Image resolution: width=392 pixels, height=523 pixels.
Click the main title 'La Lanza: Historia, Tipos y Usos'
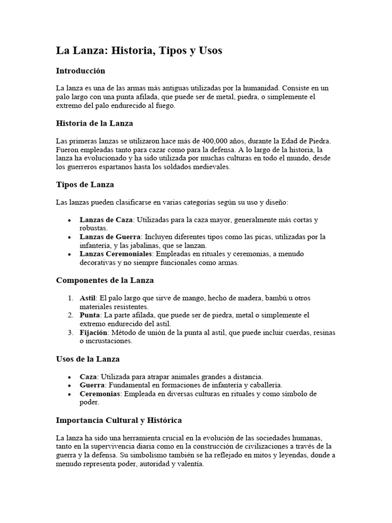139,51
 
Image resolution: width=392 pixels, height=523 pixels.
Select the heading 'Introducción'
80,70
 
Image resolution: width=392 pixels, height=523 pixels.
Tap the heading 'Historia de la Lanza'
94,123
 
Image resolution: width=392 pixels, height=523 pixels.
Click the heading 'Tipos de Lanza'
85,184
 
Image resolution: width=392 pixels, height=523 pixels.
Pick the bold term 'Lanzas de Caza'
106,220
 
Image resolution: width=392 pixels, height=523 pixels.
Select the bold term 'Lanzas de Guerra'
110,237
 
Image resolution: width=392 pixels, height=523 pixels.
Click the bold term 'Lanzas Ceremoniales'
116,254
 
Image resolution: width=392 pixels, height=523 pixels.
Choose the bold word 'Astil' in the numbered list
88,298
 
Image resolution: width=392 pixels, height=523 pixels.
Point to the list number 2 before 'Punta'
70,316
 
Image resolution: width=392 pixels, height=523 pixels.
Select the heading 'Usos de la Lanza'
87,359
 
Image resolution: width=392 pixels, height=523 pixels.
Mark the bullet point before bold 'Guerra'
69,385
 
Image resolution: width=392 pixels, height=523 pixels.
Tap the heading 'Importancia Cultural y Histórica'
118,420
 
